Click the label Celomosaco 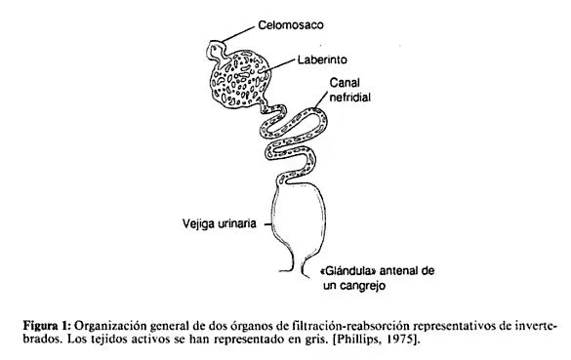pos(290,22)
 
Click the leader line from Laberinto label pos(276,64)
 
